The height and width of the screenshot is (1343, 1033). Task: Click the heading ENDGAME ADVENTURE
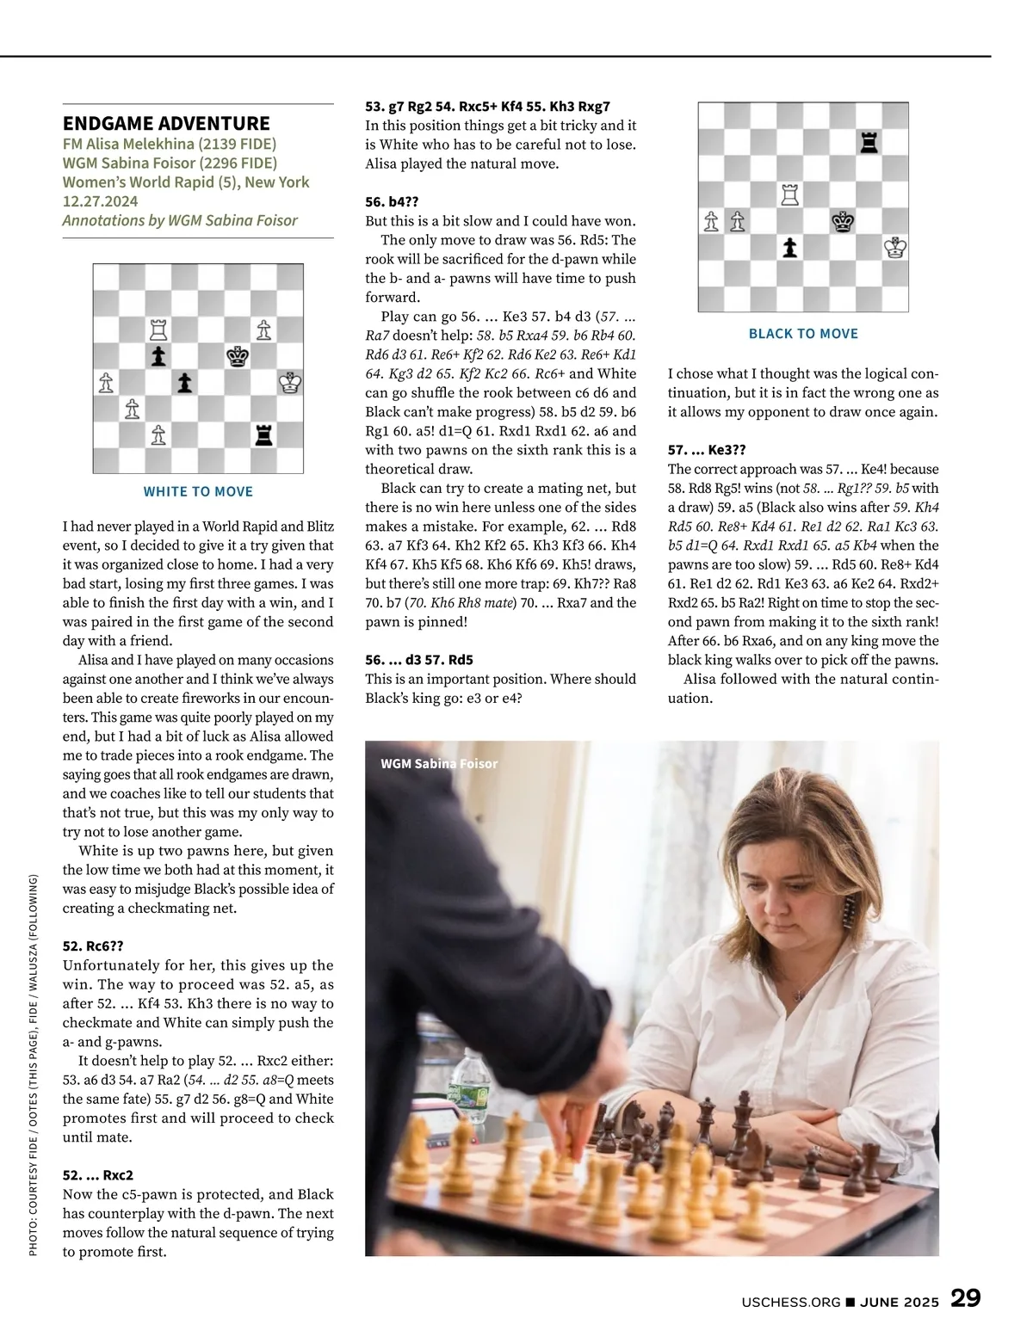pyautogui.click(x=166, y=123)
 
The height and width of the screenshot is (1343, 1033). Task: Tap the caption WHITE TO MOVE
pyautogui.click(x=198, y=491)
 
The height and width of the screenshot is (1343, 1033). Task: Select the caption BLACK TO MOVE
pyautogui.click(x=803, y=334)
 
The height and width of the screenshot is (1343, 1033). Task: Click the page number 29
pyautogui.click(x=965, y=1298)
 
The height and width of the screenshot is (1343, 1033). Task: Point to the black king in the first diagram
pyautogui.click(x=238, y=355)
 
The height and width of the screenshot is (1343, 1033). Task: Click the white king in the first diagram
pyautogui.click(x=290, y=382)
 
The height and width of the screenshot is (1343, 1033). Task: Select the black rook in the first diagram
pyautogui.click(x=263, y=434)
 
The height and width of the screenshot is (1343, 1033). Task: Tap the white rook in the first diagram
pyautogui.click(x=158, y=330)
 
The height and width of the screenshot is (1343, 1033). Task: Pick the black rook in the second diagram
pyautogui.click(x=869, y=143)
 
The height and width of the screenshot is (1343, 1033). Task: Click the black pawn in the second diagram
pyautogui.click(x=789, y=249)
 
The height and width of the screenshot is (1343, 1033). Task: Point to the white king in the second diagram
pyautogui.click(x=895, y=249)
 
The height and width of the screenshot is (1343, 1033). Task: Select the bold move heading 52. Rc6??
pyautogui.click(x=93, y=946)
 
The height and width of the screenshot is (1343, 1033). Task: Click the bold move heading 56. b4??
pyautogui.click(x=392, y=201)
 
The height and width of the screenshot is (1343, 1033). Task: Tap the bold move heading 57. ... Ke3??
pyautogui.click(x=707, y=449)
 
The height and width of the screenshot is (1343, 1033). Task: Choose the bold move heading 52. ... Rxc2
pyautogui.click(x=98, y=1174)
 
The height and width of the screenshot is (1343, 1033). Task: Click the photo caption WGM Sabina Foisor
pyautogui.click(x=439, y=763)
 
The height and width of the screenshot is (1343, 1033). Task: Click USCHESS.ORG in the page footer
pyautogui.click(x=790, y=1302)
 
